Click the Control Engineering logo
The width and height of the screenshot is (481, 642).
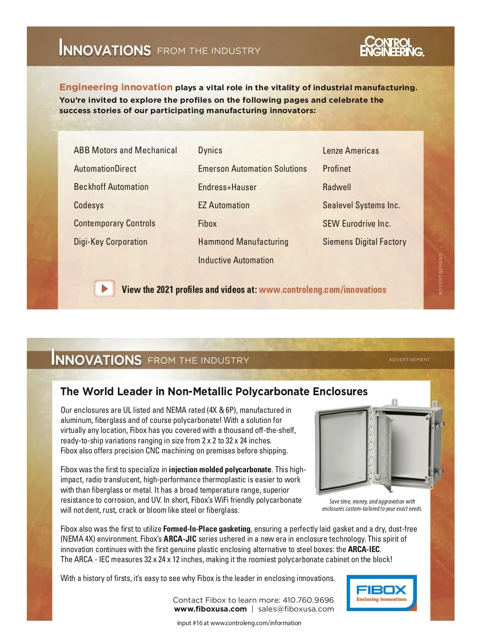point(392,47)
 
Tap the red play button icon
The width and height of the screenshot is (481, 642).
point(105,288)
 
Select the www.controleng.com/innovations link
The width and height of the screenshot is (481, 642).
point(322,290)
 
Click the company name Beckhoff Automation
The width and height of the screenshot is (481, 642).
point(111,187)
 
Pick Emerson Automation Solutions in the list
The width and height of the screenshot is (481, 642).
point(252,169)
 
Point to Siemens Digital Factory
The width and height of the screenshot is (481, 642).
point(364,242)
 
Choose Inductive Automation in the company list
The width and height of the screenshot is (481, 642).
point(236,260)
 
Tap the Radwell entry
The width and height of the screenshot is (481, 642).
point(337,187)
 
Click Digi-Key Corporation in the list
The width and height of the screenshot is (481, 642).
point(111,242)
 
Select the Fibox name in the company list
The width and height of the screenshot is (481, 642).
point(207,224)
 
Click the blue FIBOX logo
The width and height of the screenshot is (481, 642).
point(381,593)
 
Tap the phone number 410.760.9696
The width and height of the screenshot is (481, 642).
point(308,600)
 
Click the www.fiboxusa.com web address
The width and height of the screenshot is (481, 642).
point(210,609)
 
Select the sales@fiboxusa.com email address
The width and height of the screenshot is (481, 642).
point(296,609)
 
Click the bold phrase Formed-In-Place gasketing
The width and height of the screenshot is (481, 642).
point(206,529)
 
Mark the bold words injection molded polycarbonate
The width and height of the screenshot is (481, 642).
point(220,469)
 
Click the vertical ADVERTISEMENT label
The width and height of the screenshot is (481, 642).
point(441,274)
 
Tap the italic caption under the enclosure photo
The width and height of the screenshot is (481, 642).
point(372,505)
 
